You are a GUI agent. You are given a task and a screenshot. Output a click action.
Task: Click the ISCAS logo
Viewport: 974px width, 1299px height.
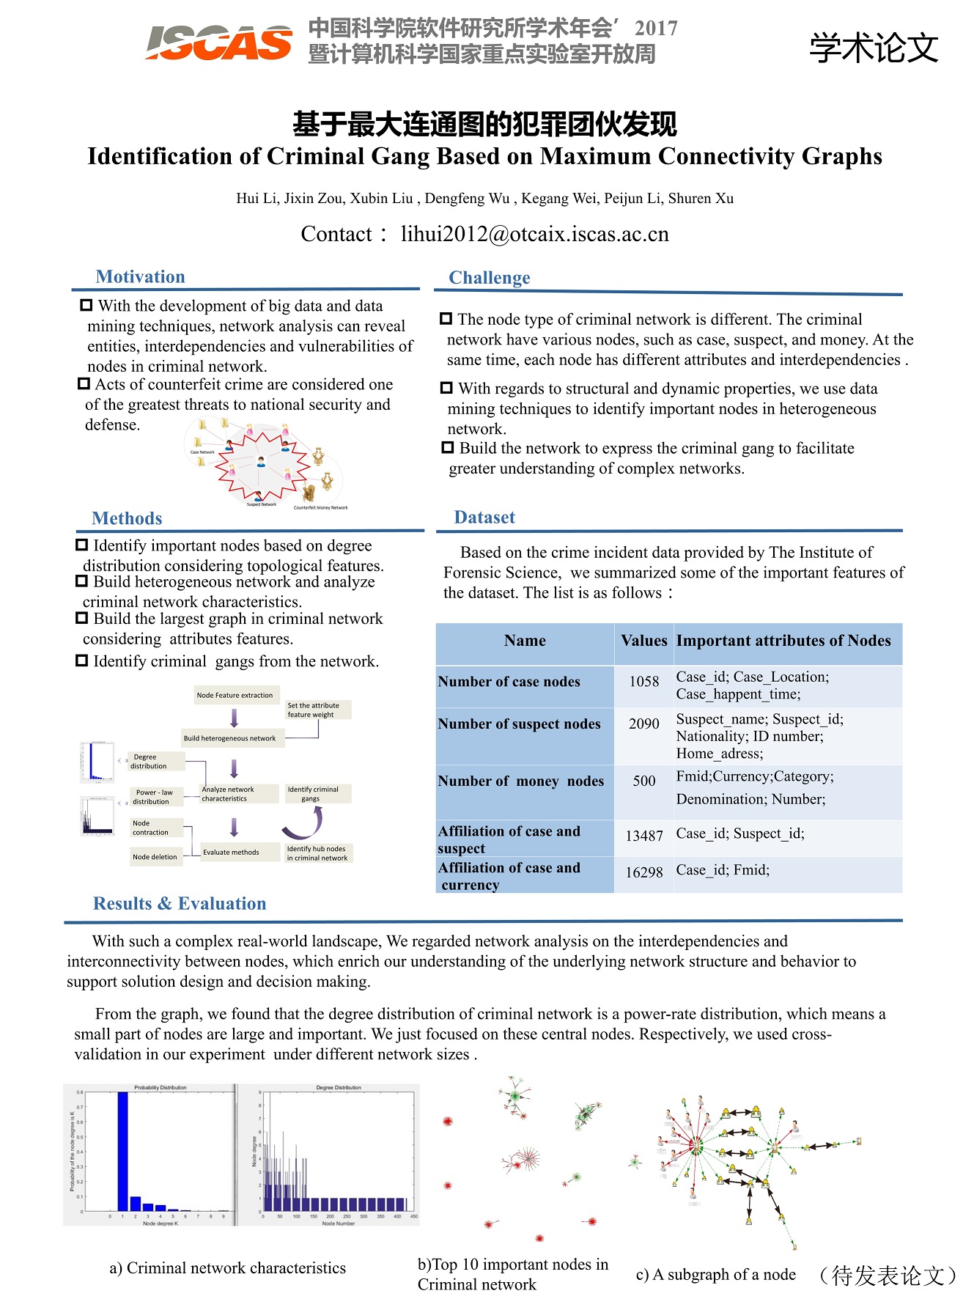click(218, 43)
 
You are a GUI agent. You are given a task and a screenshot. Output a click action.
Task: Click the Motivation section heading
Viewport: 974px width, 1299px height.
click(140, 276)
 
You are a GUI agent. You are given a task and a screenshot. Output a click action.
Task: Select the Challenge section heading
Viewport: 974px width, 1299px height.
click(489, 278)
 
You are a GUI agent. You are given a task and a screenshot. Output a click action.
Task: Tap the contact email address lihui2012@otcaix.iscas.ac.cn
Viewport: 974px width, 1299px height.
click(534, 234)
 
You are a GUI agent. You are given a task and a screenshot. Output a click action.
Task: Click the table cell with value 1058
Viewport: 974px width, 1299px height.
click(643, 682)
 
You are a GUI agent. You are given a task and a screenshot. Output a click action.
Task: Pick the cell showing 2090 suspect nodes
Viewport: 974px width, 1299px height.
click(643, 724)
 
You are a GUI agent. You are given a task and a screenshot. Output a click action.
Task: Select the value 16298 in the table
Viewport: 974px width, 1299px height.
click(643, 872)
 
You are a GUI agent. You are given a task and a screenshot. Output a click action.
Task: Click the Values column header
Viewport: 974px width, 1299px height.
click(643, 641)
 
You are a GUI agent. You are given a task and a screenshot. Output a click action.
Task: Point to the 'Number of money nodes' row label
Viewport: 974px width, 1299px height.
click(521, 781)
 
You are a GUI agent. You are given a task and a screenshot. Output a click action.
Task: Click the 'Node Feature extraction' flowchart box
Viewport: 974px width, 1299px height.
click(235, 695)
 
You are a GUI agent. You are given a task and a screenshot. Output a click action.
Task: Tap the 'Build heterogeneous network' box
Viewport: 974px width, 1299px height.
click(229, 738)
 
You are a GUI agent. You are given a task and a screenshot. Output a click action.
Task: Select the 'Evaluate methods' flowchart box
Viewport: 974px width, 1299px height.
click(231, 852)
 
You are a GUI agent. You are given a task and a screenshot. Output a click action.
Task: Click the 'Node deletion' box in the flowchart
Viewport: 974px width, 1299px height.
click(155, 856)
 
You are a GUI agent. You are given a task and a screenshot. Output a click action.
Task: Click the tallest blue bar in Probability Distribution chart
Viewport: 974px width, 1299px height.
click(122, 1151)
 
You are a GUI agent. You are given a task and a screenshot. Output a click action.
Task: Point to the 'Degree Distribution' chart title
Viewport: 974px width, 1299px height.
click(338, 1088)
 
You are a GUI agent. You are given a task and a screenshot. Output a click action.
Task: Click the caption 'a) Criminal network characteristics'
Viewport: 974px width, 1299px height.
click(227, 1268)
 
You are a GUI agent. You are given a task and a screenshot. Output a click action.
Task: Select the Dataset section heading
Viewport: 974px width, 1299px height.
click(484, 518)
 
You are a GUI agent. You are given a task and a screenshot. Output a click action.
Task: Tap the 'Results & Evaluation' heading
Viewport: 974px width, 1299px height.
click(180, 904)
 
